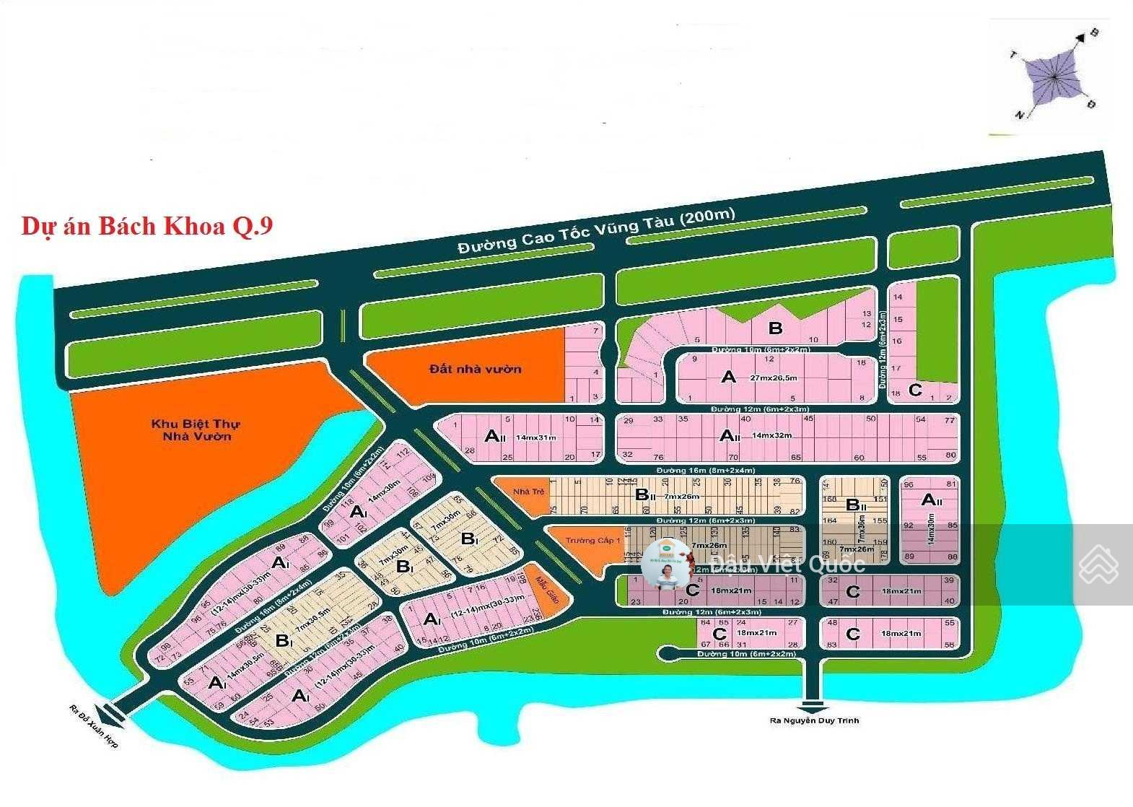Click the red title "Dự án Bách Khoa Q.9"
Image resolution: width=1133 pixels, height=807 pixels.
point(147,226)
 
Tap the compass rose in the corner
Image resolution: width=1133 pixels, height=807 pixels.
point(1054,76)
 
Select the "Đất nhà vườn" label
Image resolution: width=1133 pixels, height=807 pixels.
point(475,369)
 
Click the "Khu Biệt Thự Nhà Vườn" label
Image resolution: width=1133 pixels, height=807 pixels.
point(196,430)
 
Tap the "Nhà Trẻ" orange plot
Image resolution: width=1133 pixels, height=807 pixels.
point(528,492)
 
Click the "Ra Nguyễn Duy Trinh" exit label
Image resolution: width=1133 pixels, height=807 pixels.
point(814,720)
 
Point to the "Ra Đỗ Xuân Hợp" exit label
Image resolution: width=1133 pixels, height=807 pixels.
point(94,725)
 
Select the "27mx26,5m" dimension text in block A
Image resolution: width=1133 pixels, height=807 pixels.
point(774,378)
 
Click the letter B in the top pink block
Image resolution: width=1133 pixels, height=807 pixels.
point(775,328)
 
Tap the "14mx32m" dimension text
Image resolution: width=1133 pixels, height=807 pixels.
point(771,435)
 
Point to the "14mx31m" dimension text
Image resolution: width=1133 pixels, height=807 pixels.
point(536,437)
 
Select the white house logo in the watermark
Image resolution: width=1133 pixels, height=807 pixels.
point(1098,565)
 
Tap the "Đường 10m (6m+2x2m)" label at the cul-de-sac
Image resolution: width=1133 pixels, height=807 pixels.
point(746,654)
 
